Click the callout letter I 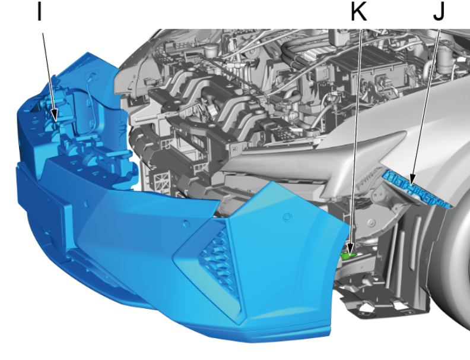coord(39,11)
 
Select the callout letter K coord(359,11)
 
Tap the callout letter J coord(439,11)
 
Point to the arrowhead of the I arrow coord(54,115)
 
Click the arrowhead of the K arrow coord(350,248)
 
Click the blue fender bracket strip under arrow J coord(417,188)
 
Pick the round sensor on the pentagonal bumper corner coord(287,217)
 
